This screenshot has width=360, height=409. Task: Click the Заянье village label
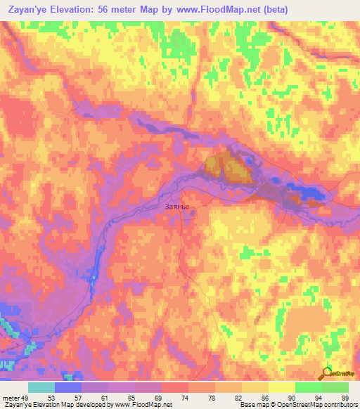(x=176, y=207)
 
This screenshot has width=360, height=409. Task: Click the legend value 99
(x=345, y=397)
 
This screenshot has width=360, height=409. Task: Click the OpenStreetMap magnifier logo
(x=327, y=372)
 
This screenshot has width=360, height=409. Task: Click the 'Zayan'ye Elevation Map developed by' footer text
(x=56, y=405)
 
